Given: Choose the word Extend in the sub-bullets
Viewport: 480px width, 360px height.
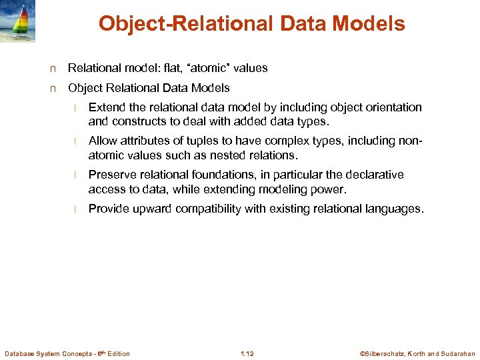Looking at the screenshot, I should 105,107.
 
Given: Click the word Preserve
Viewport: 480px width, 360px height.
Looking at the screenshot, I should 110,175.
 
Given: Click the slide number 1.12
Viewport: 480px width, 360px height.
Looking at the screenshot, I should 247,353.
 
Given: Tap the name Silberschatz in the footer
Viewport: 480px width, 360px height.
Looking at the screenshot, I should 391,353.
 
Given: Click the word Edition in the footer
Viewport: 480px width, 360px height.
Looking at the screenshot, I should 117,353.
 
